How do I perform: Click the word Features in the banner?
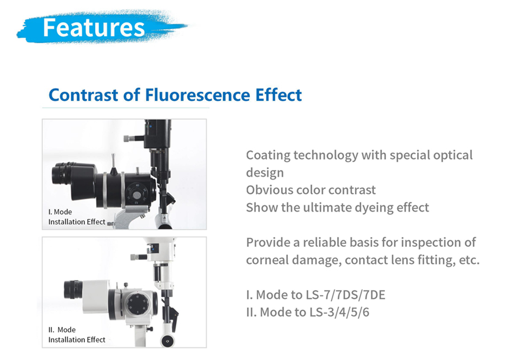click(94, 27)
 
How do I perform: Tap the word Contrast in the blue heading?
click(83, 95)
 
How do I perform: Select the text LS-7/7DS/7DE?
click(346, 295)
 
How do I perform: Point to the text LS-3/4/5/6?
click(339, 312)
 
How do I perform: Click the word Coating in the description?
click(268, 156)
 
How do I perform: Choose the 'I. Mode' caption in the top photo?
click(60, 212)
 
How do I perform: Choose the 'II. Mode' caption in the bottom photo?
click(62, 330)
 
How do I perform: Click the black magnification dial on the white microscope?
click(137, 304)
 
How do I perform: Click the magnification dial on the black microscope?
click(136, 195)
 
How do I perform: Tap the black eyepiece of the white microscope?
click(73, 289)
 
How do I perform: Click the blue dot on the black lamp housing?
click(150, 126)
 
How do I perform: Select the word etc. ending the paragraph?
click(469, 260)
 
